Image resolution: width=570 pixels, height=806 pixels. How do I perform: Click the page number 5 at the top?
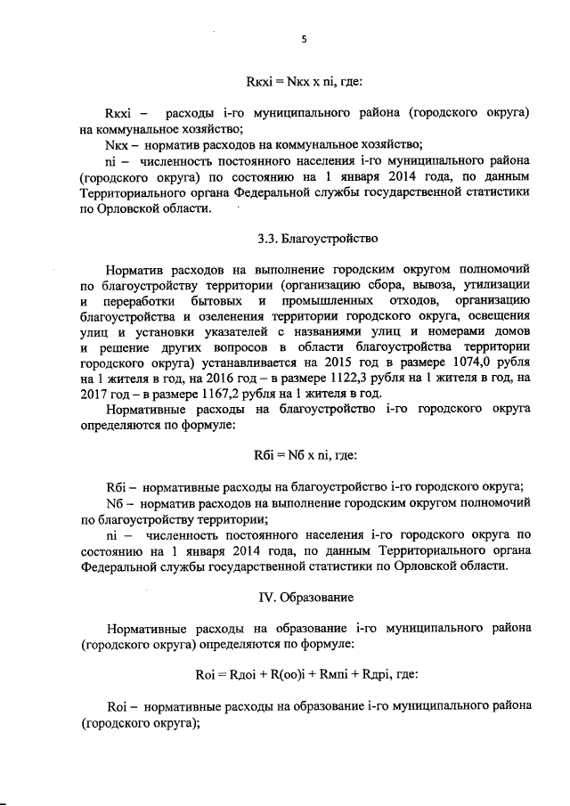pos(305,38)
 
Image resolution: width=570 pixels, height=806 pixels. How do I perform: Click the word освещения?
pos(502,317)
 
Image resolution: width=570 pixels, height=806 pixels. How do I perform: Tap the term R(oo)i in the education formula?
pos(287,673)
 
